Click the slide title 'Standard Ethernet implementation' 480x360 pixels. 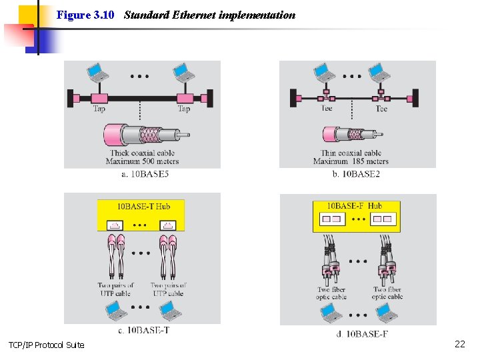(x=209, y=15)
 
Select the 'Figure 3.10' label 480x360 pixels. (x=85, y=15)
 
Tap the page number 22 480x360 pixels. (x=459, y=344)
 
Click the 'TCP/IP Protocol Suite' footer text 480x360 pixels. (x=46, y=345)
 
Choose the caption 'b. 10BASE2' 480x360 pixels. (x=355, y=174)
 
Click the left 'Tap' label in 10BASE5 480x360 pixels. (x=99, y=109)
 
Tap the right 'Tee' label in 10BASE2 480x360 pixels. (x=381, y=109)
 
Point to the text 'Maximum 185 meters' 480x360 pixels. (x=351, y=161)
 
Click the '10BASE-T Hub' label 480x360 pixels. (x=143, y=206)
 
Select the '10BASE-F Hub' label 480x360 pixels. (x=354, y=206)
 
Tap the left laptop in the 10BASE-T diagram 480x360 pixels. (x=115, y=310)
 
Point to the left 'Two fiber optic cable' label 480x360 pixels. (x=331, y=293)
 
